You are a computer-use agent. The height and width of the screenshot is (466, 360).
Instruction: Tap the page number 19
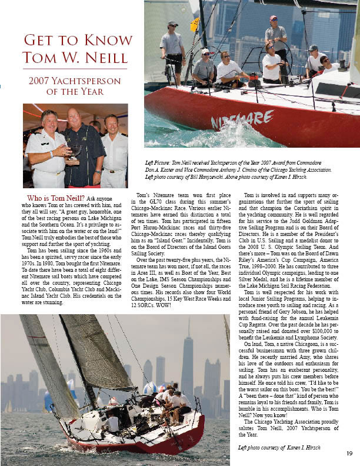click(x=349, y=452)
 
